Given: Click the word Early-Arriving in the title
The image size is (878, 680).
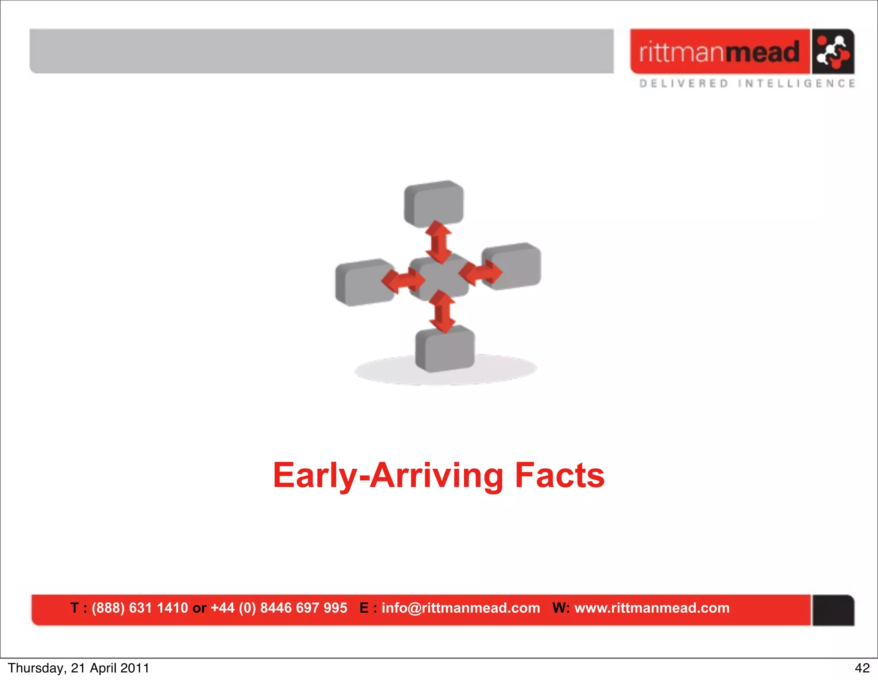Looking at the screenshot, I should click(x=388, y=476).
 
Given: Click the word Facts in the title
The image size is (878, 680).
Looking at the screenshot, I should click(x=559, y=476).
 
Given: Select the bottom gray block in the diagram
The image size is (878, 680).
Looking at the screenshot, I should click(x=445, y=349).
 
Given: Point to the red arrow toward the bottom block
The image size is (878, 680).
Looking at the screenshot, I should click(x=442, y=312).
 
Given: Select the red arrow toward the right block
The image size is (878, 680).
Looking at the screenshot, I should click(x=481, y=273).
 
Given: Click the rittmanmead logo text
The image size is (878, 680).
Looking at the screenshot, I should click(x=719, y=52).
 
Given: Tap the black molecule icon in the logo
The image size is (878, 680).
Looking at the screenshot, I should click(x=833, y=52).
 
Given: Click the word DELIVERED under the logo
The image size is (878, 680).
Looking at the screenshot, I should click(x=684, y=83).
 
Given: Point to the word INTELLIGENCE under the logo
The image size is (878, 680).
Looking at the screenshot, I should click(x=797, y=83).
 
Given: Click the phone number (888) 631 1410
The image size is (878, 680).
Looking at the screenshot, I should click(x=140, y=608).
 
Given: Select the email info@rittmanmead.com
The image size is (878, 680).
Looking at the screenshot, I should click(x=461, y=608).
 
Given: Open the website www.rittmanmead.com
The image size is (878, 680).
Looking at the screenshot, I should click(x=652, y=608).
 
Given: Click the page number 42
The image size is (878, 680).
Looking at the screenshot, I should click(x=862, y=668).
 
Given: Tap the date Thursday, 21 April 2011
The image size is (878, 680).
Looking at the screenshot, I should click(x=78, y=668).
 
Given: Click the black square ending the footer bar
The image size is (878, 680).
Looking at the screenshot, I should click(x=833, y=610).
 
